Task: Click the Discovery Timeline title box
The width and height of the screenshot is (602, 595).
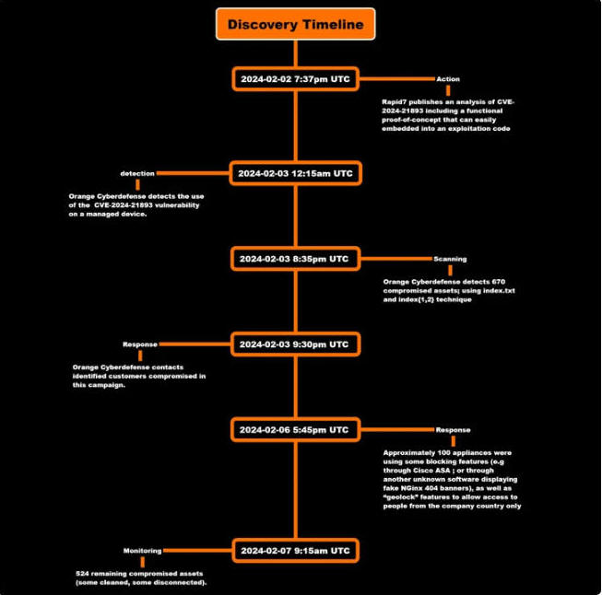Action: [295, 24]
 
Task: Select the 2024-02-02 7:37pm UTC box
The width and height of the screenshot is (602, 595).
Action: [295, 79]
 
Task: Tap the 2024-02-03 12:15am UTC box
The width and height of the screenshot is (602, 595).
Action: [295, 173]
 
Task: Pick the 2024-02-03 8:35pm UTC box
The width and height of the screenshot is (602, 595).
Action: [295, 259]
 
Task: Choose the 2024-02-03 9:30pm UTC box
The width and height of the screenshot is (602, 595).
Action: [295, 344]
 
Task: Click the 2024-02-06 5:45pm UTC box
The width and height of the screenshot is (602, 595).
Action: [295, 430]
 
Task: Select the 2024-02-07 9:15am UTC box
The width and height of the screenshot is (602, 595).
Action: [295, 551]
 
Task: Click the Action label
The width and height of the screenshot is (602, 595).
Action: [448, 79]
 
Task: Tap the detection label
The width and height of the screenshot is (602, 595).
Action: [137, 173]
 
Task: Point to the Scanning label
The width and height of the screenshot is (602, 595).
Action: [451, 259]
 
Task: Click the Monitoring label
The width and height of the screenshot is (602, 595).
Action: [143, 551]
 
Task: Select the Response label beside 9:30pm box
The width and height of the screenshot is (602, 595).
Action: [140, 344]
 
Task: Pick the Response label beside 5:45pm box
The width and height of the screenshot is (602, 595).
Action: [453, 430]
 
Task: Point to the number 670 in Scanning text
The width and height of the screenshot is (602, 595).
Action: [499, 282]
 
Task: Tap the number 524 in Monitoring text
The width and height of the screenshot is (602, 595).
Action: [83, 574]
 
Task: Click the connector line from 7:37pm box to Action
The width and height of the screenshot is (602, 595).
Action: [397, 79]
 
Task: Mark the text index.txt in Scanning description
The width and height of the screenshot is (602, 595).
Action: [499, 291]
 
